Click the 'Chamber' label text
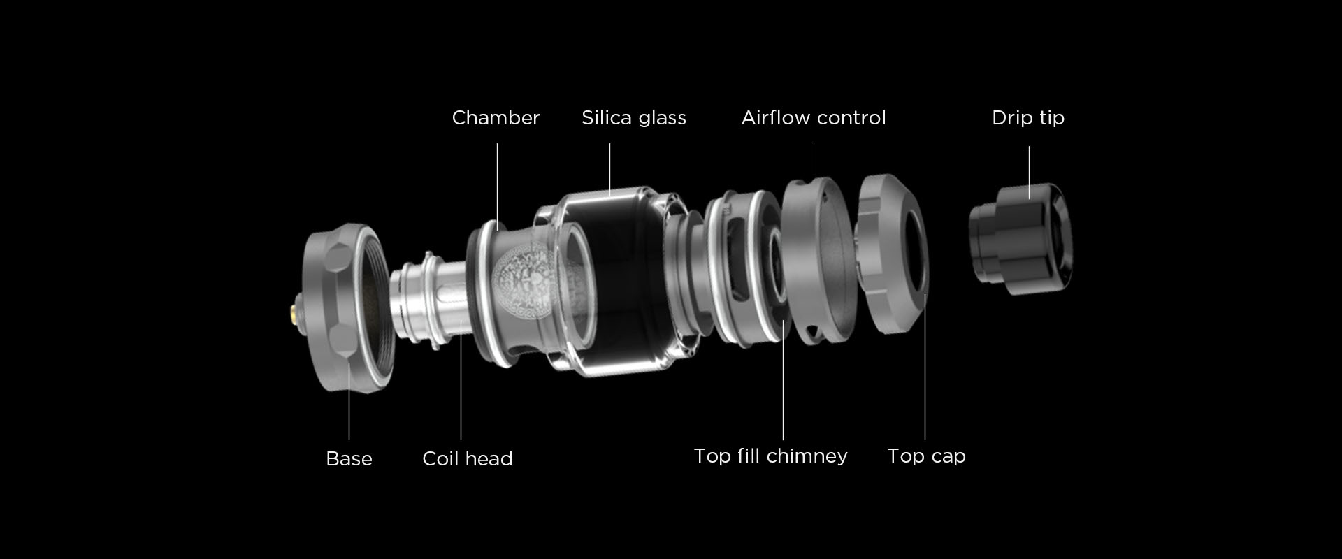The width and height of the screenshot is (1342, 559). coord(496,117)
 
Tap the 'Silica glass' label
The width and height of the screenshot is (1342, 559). coord(634,117)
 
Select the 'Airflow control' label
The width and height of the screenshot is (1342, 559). coord(814,117)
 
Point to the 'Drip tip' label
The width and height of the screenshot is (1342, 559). coord(1028,117)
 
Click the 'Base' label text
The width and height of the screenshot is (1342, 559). coord(349,458)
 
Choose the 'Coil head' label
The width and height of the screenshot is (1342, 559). coord(468,458)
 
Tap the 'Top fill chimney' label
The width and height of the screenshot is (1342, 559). coord(770,456)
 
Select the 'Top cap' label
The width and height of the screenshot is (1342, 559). coord(926,456)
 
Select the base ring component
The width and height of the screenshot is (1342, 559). coord(347,308)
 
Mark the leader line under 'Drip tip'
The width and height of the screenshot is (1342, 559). coord(1029,172)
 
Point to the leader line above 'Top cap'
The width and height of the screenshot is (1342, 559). coord(925,367)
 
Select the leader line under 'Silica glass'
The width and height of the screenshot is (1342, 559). coord(609,168)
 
